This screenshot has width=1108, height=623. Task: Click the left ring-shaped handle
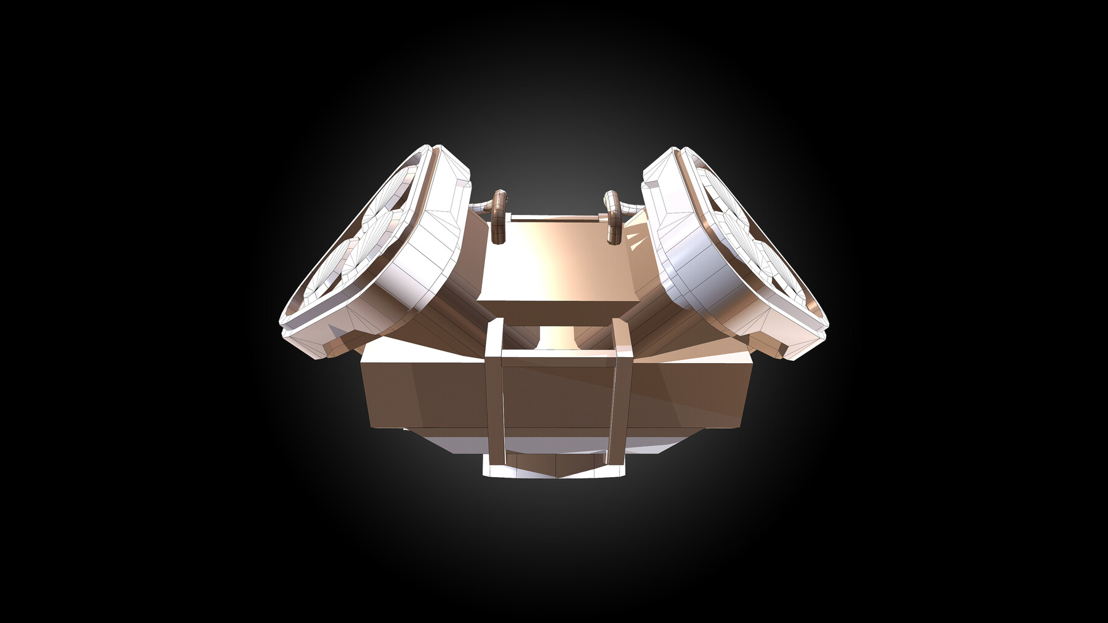tap(498, 219)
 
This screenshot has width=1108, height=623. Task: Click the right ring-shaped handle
tap(613, 219)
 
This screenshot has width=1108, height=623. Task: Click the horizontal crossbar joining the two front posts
tap(557, 353)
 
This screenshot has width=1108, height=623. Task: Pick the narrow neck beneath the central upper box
tap(557, 336)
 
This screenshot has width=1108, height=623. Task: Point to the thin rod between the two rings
tap(554, 217)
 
